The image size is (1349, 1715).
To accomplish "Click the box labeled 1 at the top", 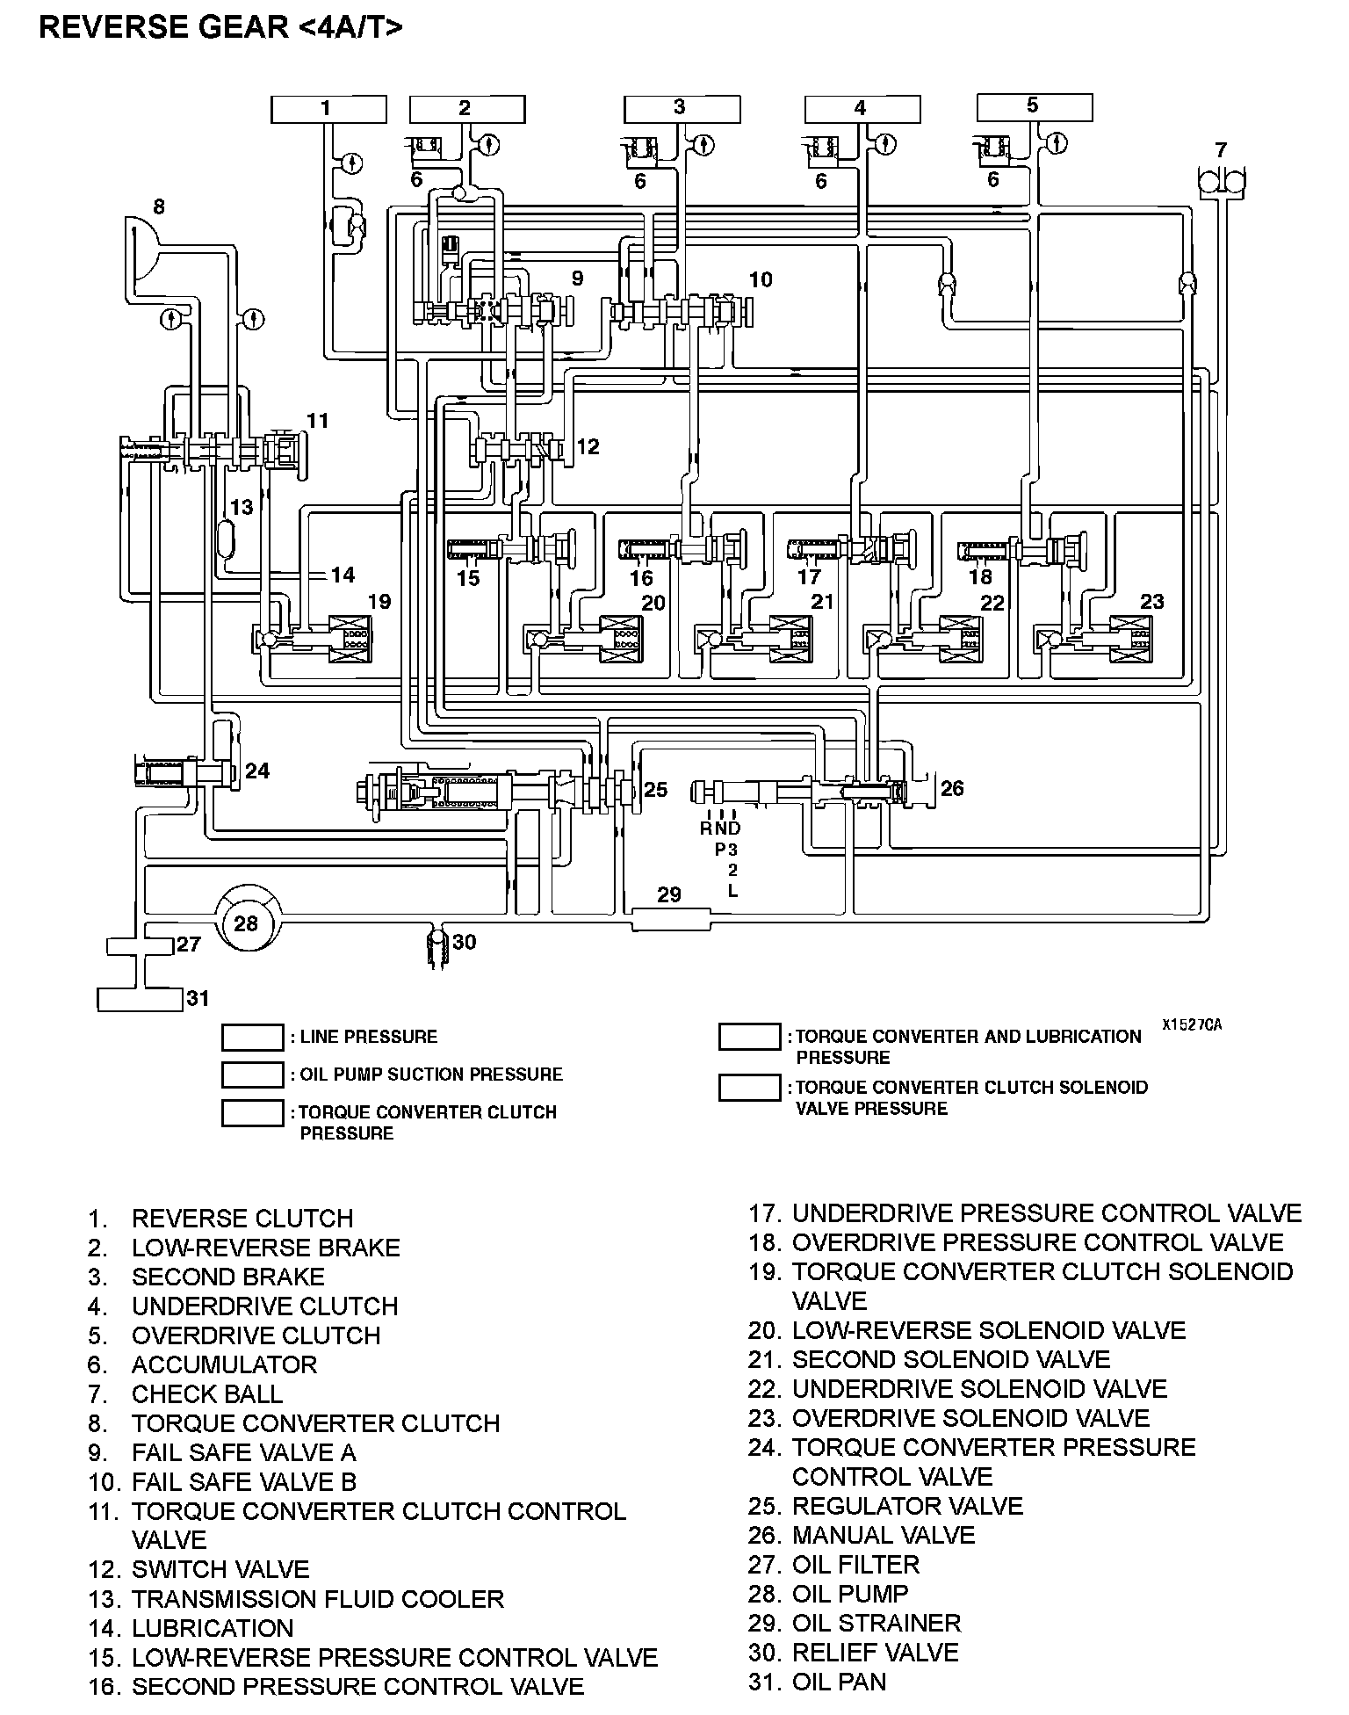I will pyautogui.click(x=328, y=109).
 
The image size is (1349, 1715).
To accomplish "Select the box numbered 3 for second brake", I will pyautogui.click(x=682, y=109).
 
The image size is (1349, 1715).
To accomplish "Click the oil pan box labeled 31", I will pyautogui.click(x=140, y=999).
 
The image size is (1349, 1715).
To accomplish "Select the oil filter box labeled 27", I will pyautogui.click(x=141, y=946).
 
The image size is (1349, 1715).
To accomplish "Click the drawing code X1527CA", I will pyautogui.click(x=1191, y=1024).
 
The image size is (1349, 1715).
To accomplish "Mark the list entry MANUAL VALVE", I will pyautogui.click(x=883, y=1535).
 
